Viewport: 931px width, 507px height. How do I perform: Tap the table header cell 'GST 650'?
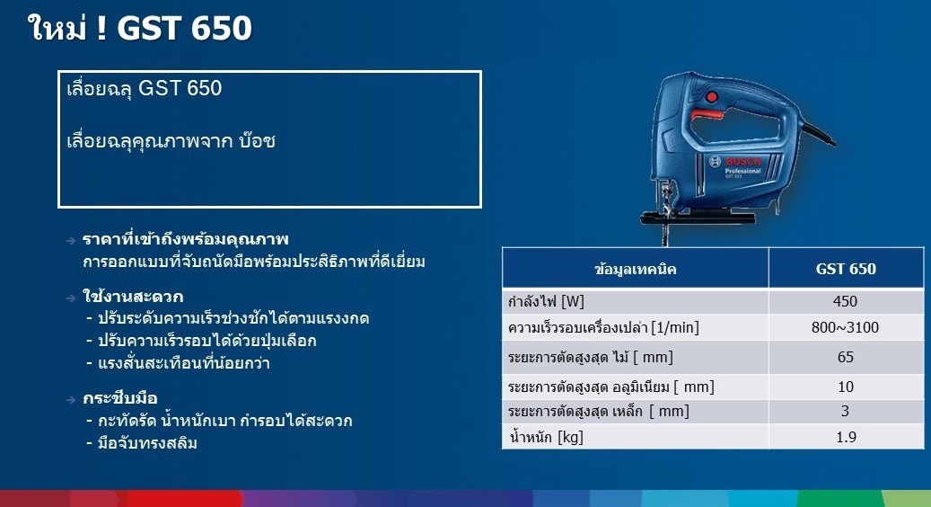click(x=846, y=269)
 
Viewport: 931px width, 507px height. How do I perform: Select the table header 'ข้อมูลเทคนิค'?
click(x=636, y=269)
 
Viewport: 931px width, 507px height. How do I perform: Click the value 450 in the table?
click(x=846, y=301)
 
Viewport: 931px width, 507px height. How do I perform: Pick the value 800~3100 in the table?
click(x=846, y=327)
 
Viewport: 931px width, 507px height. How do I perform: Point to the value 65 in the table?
click(x=846, y=357)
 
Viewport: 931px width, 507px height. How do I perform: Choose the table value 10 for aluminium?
click(x=846, y=387)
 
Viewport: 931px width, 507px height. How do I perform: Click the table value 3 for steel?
click(x=846, y=412)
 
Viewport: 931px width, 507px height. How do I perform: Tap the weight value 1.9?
click(x=846, y=437)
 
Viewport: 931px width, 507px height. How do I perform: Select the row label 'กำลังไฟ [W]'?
click(x=546, y=301)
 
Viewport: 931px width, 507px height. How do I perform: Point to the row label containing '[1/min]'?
click(x=603, y=328)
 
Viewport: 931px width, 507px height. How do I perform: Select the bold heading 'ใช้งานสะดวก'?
click(x=133, y=296)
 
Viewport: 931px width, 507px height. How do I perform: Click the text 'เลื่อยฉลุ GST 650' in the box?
click(x=145, y=89)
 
